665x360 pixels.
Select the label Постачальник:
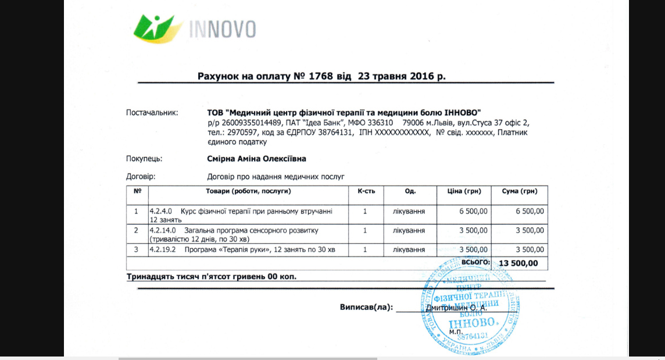pyautogui.click(x=152, y=112)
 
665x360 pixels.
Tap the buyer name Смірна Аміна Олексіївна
pyautogui.click(x=256, y=159)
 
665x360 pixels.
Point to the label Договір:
pyautogui.click(x=141, y=176)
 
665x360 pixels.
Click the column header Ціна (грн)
pyautogui.click(x=464, y=191)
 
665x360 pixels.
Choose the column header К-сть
pyautogui.click(x=364, y=191)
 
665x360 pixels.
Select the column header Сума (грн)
pyautogui.click(x=519, y=191)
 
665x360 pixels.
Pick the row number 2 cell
pyautogui.click(x=137, y=231)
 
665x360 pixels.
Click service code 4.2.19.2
pyautogui.click(x=163, y=250)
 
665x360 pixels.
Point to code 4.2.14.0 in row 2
pyautogui.click(x=163, y=230)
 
